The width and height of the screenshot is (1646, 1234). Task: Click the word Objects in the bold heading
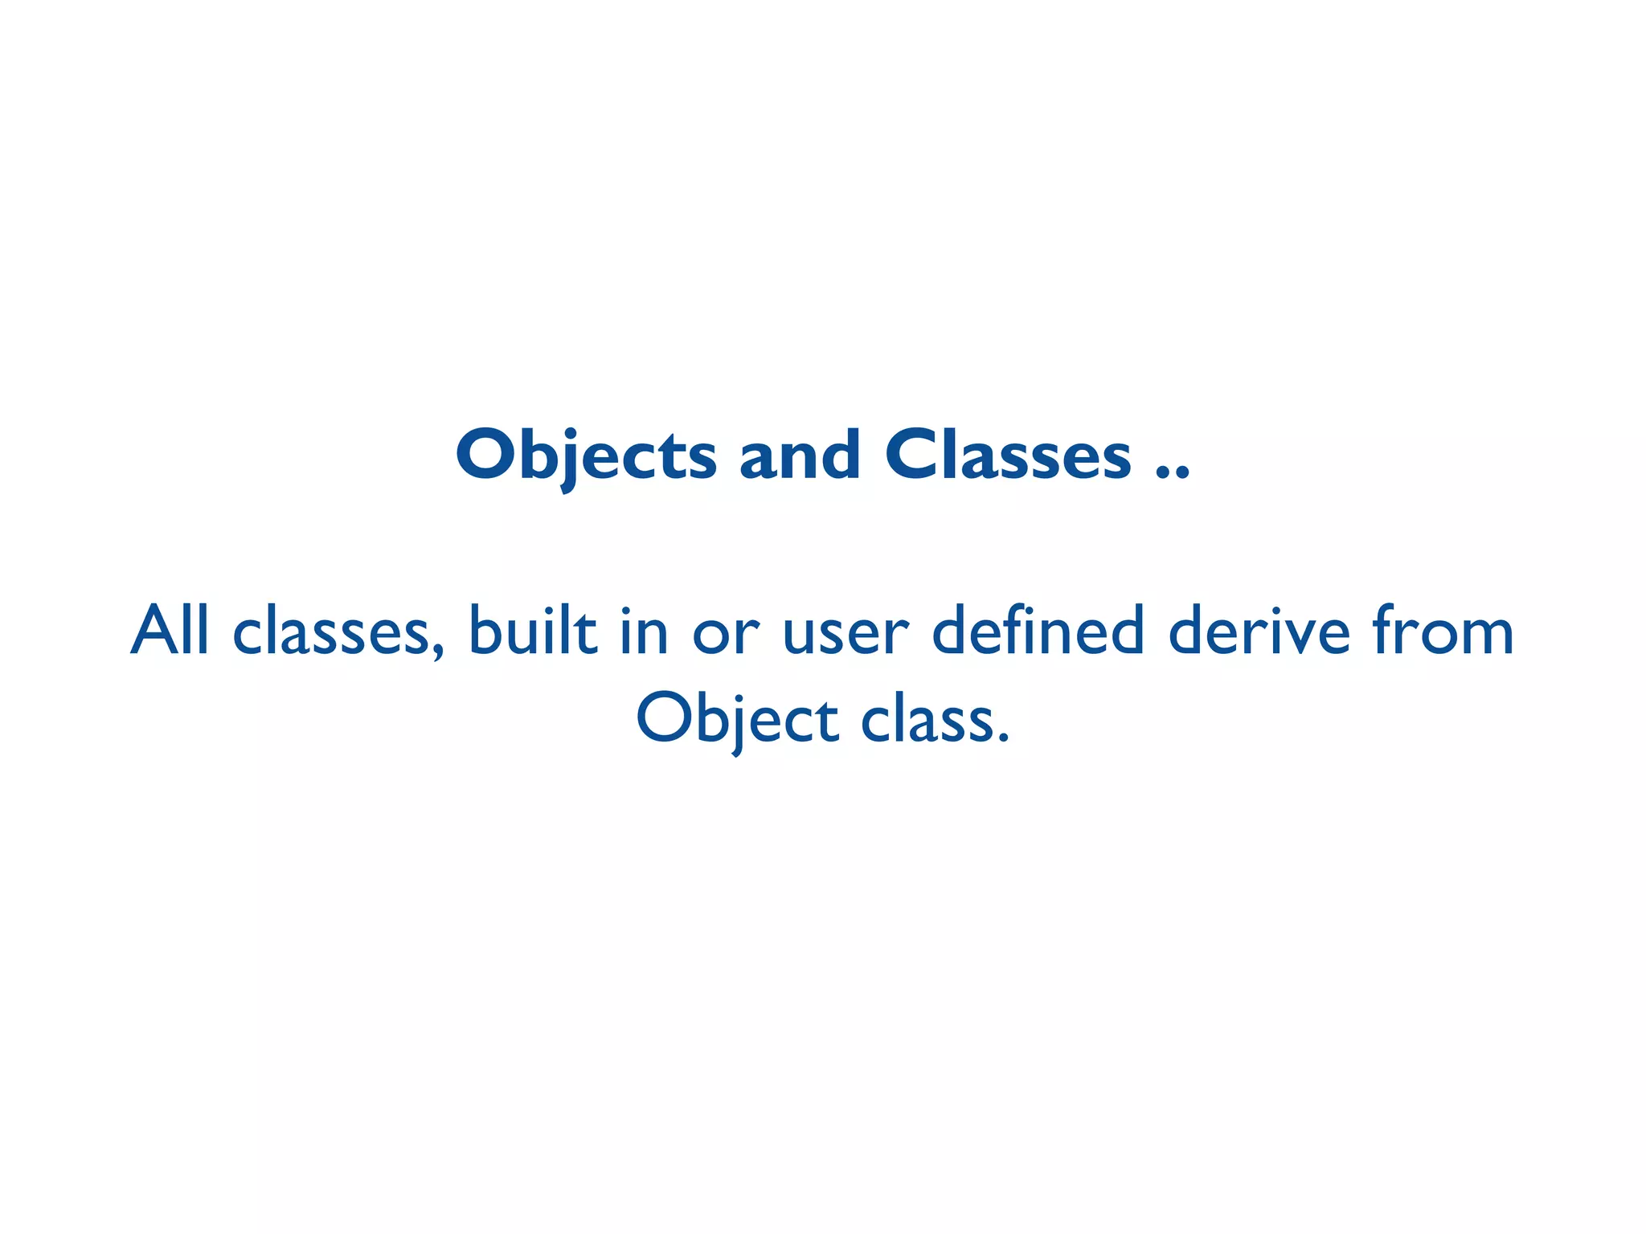(586, 456)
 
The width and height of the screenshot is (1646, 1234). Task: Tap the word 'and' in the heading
(800, 456)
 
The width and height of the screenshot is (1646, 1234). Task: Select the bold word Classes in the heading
(1009, 456)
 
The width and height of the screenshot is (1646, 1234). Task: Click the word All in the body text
(170, 631)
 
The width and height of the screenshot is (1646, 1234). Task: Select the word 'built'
(533, 631)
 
